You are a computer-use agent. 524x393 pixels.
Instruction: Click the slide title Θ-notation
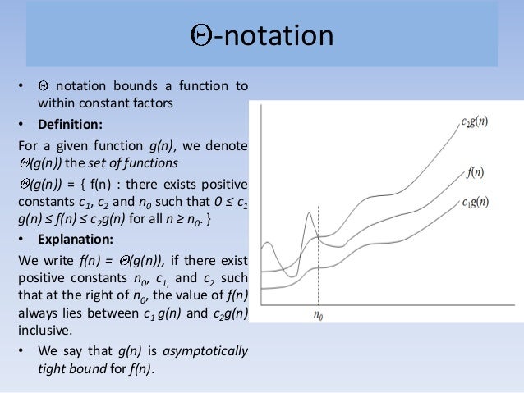coord(261,37)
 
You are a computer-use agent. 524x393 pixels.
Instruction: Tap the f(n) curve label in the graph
coord(475,173)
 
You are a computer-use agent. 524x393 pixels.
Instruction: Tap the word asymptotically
coord(207,350)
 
